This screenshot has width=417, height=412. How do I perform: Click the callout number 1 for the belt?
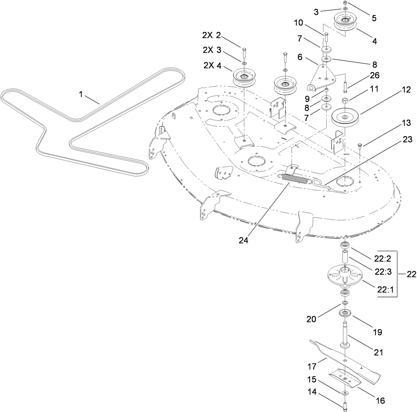[x=81, y=94]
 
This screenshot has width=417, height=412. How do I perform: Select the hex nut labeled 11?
[x=345, y=101]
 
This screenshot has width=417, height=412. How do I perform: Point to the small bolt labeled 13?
[x=360, y=145]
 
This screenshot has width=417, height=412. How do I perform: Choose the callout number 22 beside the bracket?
[x=411, y=274]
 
